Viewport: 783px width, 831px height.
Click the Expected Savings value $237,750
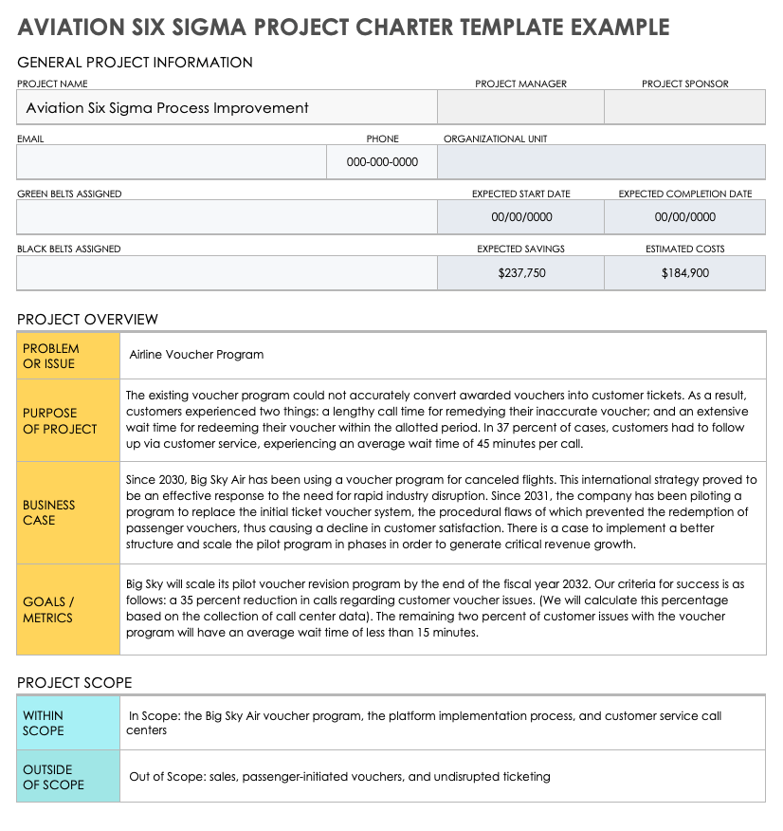click(521, 272)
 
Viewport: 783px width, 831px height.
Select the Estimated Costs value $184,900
click(684, 272)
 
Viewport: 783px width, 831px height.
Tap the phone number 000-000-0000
click(382, 162)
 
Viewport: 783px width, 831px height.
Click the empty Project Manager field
click(520, 108)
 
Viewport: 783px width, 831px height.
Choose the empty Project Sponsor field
click(684, 108)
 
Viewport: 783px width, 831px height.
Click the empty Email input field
click(171, 162)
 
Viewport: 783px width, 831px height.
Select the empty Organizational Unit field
click(601, 162)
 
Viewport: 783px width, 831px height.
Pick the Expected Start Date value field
click(521, 217)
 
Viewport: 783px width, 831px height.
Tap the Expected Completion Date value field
click(684, 217)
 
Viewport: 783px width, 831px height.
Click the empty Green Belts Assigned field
click(227, 217)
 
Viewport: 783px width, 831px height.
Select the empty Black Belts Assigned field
click(227, 272)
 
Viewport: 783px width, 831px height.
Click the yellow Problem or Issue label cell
click(68, 356)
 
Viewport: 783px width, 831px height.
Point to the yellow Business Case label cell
click(68, 512)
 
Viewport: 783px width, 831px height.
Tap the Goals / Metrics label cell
click(68, 609)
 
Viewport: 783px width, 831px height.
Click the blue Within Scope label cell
click(68, 723)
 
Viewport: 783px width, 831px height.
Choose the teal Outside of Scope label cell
click(68, 777)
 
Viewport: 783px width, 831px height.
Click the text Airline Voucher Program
click(196, 355)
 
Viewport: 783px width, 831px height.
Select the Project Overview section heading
click(87, 319)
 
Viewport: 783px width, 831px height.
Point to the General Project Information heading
click(135, 63)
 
